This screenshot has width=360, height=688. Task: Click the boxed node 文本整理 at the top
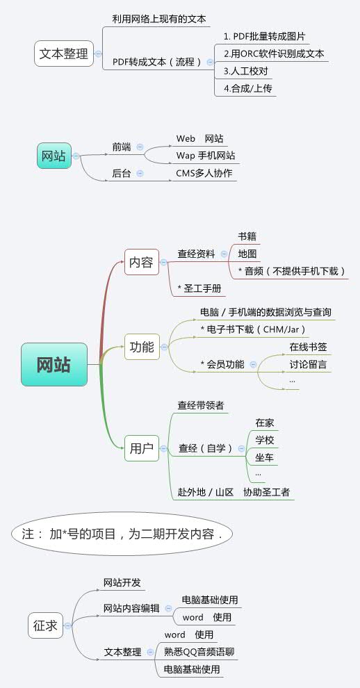tap(64, 54)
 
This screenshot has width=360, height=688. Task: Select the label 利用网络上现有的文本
tap(159, 19)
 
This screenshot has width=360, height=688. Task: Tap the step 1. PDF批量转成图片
tap(264, 36)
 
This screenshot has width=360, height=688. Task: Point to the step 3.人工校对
tap(245, 71)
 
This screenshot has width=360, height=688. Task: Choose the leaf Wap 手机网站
tap(205, 156)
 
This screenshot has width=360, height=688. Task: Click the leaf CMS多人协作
tap(204, 173)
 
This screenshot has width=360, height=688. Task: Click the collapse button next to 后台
tap(140, 173)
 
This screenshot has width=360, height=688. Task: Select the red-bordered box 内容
tap(142, 262)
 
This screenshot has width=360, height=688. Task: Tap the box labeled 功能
tap(142, 346)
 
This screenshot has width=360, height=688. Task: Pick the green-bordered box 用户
tap(142, 448)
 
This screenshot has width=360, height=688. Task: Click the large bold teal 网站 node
tap(54, 364)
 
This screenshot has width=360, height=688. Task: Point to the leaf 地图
tap(247, 254)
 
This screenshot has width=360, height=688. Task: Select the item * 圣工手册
tap(199, 288)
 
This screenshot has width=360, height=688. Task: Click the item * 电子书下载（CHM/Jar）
tap(253, 329)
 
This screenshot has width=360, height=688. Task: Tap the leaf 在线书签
tap(308, 346)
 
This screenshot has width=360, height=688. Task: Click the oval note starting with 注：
tap(122, 534)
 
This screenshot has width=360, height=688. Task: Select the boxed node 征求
tap(46, 625)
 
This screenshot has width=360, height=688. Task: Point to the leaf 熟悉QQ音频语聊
tap(199, 652)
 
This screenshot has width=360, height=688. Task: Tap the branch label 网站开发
tap(122, 582)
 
